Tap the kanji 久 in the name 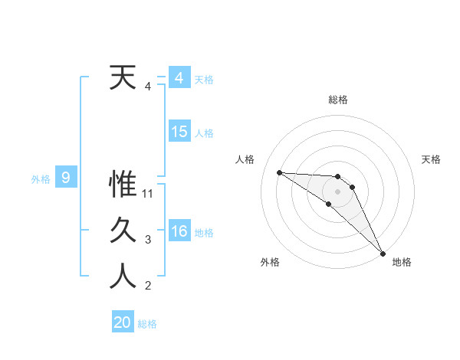[x=123, y=231]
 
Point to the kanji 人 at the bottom [x=123, y=277]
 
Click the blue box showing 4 [x=179, y=77]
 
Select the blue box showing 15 [x=179, y=131]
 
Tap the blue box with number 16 [x=179, y=231]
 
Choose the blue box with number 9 [x=66, y=178]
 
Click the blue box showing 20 [x=123, y=322]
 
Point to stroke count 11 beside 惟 [x=149, y=194]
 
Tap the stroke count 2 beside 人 [x=148, y=286]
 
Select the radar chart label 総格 [x=338, y=100]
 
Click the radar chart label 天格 [x=432, y=159]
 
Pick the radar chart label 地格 [x=402, y=262]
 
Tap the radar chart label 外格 [x=270, y=262]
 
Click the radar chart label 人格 [x=245, y=159]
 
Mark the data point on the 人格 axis [x=279, y=172]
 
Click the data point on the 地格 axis [x=383, y=253]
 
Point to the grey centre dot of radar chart [x=338, y=191]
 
